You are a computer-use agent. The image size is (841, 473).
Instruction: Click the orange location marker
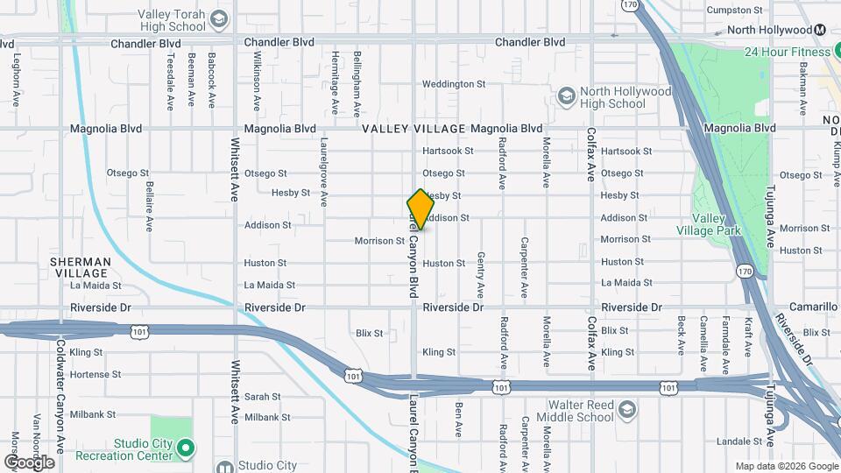pyautogui.click(x=420, y=208)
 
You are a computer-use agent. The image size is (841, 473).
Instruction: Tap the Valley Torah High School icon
pyautogui.click(x=218, y=19)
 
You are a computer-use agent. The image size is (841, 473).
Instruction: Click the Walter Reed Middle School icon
pyautogui.click(x=627, y=410)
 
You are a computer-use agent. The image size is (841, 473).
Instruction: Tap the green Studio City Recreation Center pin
pyautogui.click(x=185, y=448)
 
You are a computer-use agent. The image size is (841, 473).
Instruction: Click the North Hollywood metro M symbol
pyautogui.click(x=820, y=30)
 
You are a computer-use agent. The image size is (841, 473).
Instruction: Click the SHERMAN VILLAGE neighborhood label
pyautogui.click(x=81, y=267)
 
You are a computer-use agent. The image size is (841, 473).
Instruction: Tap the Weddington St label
pyautogui.click(x=454, y=84)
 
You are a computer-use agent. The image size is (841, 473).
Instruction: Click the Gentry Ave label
pyautogui.click(x=481, y=274)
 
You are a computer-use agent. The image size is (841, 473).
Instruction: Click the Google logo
pyautogui.click(x=28, y=462)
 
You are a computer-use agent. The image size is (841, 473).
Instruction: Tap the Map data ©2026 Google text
pyautogui.click(x=787, y=466)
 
